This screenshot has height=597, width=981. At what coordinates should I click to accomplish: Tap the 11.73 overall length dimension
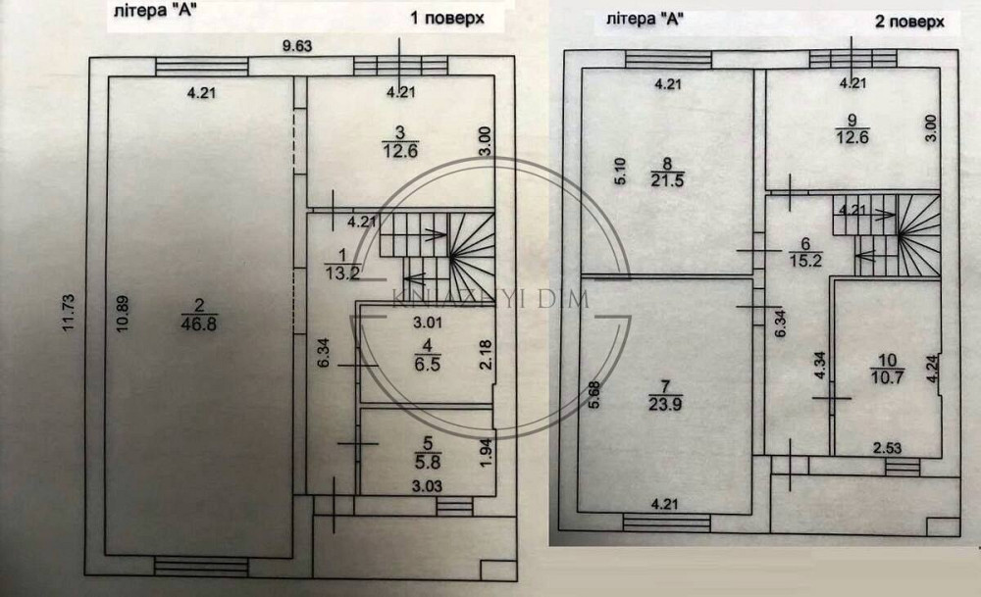69,315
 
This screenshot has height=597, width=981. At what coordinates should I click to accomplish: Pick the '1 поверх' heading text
447,19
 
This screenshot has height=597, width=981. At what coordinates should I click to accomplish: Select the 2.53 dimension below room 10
889,449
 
